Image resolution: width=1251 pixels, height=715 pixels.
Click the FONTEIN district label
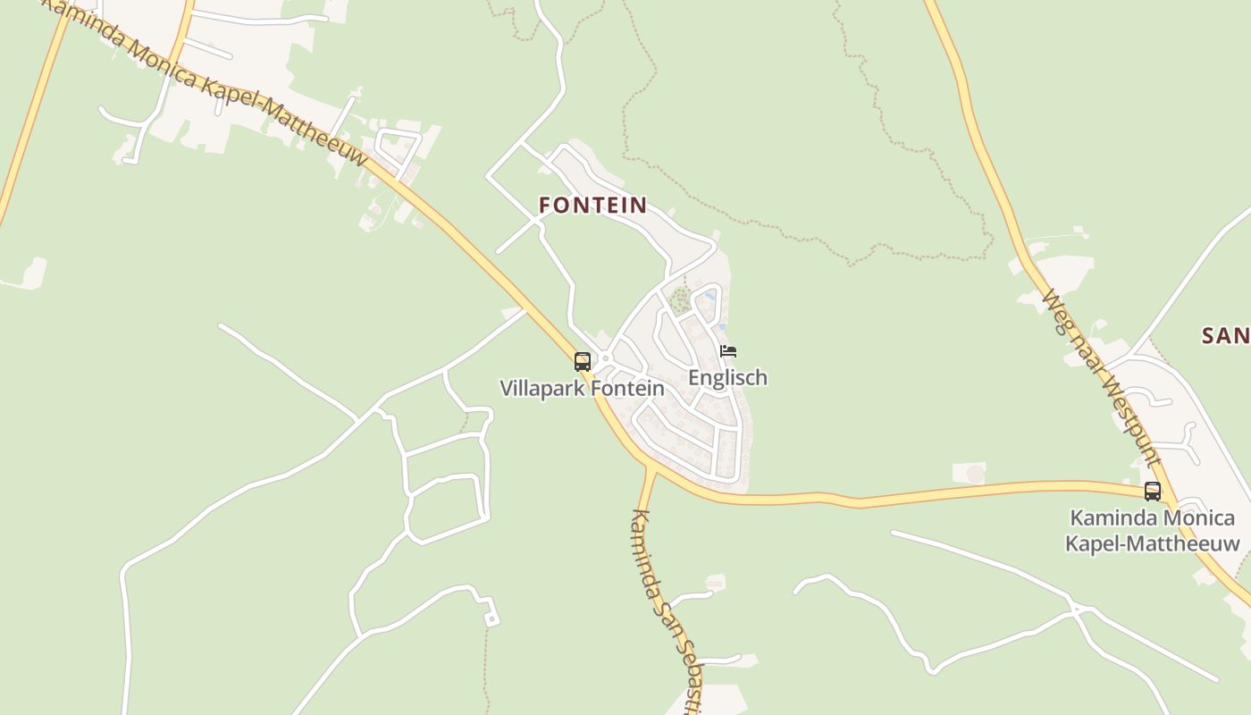pos(592,205)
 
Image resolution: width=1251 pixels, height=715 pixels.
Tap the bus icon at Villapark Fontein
pos(583,362)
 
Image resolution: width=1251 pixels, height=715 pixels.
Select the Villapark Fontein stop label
pos(582,389)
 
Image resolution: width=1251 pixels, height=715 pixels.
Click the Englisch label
pos(727,377)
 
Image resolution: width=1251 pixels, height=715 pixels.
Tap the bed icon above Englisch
pos(728,351)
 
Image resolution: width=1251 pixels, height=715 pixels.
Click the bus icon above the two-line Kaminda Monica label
pos(1153,491)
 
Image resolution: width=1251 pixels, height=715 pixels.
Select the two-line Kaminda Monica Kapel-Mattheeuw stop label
pos(1152,530)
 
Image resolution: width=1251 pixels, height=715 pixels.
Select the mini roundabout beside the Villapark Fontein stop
pos(605,358)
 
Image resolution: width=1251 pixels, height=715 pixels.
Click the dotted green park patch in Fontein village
pos(681,299)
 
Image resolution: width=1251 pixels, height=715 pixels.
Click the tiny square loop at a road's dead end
pos(491,619)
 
